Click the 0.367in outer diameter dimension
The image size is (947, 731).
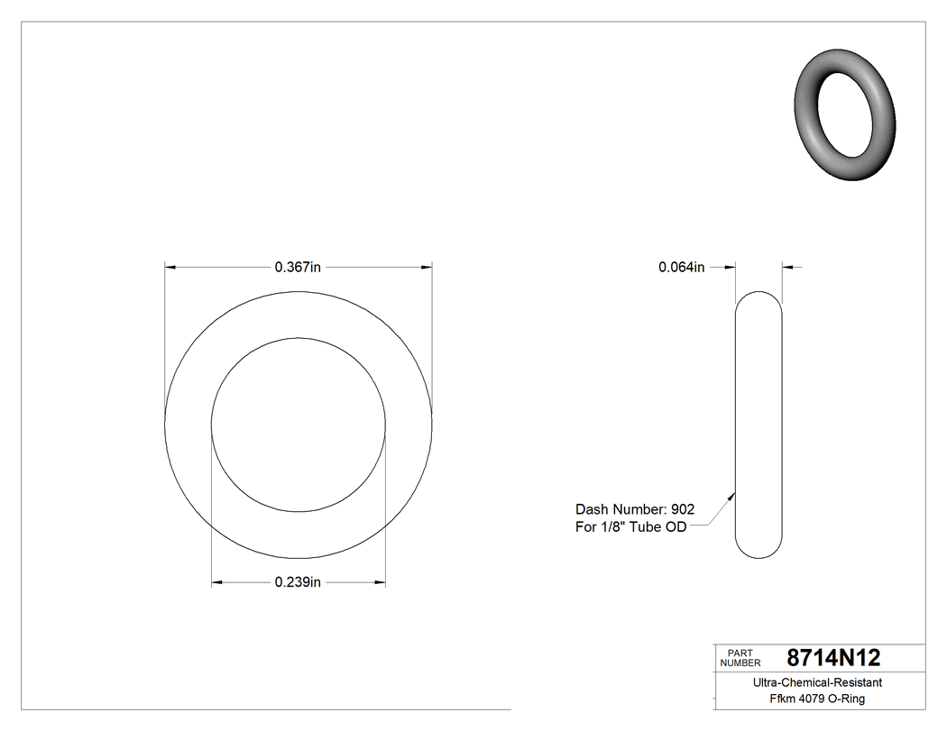tap(298, 267)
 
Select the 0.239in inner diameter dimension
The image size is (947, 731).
tap(298, 582)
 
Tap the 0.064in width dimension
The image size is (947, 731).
tap(681, 267)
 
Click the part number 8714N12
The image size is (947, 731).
tap(832, 657)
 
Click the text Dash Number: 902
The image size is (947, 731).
tap(635, 508)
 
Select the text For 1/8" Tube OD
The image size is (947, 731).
tap(630, 527)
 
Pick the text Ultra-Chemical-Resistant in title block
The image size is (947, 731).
tap(817, 682)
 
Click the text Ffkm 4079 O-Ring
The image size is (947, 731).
tap(817, 699)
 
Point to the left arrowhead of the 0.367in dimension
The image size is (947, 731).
tap(169, 267)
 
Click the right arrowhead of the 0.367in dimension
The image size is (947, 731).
tap(427, 267)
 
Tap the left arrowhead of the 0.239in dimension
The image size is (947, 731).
tap(216, 583)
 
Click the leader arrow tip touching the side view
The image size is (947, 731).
tap(734, 492)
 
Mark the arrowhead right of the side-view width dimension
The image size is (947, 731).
tap(787, 267)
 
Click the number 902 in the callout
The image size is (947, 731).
tap(683, 508)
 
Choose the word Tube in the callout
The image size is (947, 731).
tap(647, 527)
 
